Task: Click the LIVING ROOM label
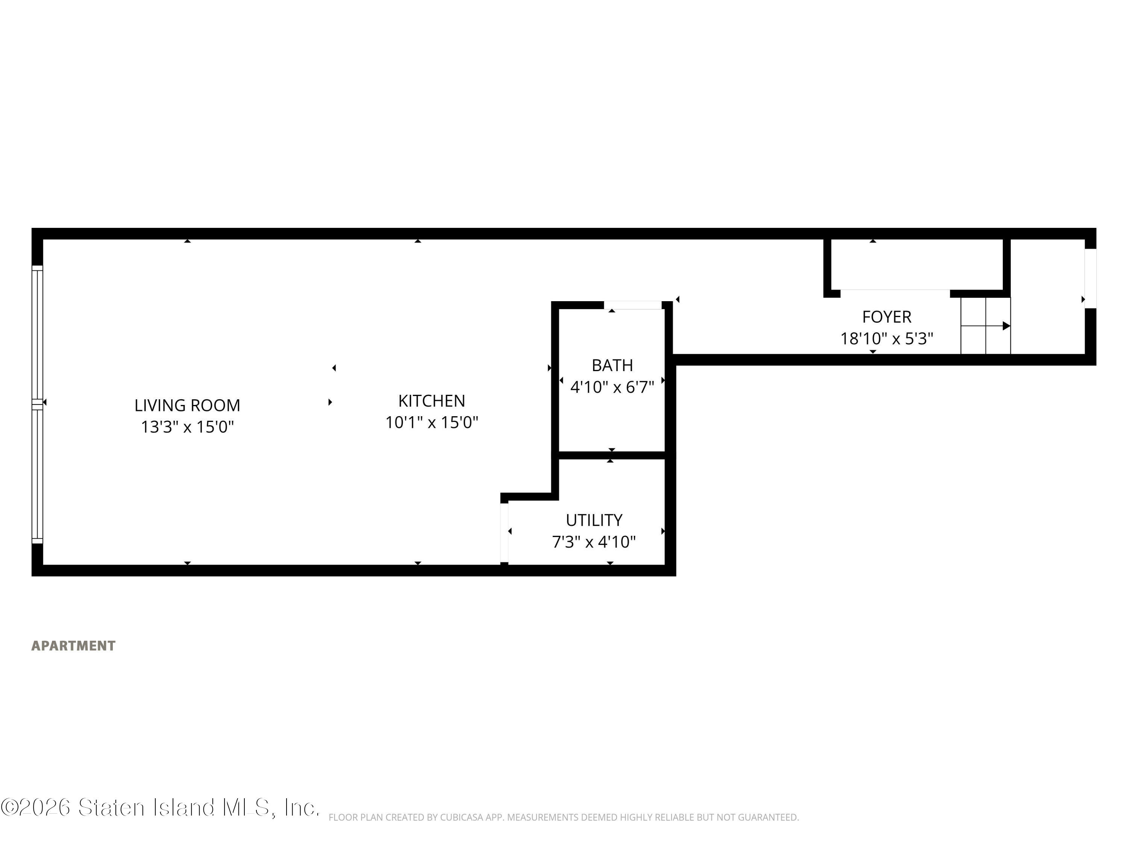click(187, 405)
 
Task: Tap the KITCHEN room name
click(431, 401)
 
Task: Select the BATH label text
click(612, 365)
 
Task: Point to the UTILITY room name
click(594, 520)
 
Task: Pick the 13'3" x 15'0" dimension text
click(187, 426)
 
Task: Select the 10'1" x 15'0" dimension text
click(431, 422)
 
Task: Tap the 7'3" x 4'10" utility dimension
click(594, 541)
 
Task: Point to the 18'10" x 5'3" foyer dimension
click(886, 339)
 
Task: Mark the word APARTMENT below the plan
click(73, 646)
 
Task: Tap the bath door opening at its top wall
click(633, 305)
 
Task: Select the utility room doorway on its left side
click(504, 532)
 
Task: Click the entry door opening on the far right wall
click(1090, 279)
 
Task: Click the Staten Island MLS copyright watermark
click(160, 807)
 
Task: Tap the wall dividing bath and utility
click(612, 455)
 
